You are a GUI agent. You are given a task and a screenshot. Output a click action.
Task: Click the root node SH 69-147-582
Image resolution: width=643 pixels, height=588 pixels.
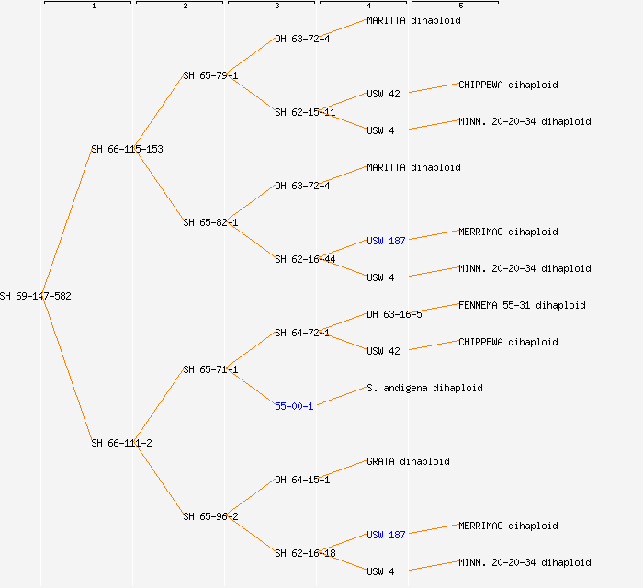(36, 296)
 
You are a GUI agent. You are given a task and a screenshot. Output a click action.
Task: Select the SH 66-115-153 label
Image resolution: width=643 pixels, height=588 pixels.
(127, 149)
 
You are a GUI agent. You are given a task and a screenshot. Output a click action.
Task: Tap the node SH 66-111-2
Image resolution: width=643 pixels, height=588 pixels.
(121, 443)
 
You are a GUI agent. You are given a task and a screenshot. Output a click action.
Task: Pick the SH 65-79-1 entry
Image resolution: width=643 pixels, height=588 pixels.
(210, 75)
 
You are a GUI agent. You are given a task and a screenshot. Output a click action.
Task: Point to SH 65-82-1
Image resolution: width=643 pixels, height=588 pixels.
(210, 222)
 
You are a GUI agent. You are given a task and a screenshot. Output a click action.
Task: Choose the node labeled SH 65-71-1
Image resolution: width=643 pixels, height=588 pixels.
(210, 369)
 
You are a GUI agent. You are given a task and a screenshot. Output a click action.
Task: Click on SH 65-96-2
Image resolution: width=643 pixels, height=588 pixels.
(210, 516)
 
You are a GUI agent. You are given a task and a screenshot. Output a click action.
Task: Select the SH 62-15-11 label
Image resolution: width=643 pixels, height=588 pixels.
(305, 112)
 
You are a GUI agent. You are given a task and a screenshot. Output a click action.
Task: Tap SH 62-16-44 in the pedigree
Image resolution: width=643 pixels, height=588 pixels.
(305, 259)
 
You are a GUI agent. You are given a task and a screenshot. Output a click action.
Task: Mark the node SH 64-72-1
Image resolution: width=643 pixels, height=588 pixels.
(302, 333)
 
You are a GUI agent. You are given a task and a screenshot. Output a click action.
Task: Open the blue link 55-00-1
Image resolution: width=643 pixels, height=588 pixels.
(294, 406)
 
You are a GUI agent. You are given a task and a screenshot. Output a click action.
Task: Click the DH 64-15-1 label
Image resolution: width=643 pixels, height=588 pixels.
(302, 480)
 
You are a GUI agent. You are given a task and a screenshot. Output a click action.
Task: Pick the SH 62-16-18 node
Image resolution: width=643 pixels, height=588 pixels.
(305, 553)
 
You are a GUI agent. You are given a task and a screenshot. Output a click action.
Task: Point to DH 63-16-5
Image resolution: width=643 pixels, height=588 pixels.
(394, 314)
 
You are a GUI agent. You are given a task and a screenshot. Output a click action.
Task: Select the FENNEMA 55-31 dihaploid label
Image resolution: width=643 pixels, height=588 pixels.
(522, 305)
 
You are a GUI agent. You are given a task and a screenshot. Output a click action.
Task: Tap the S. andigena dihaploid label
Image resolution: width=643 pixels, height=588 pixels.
(424, 388)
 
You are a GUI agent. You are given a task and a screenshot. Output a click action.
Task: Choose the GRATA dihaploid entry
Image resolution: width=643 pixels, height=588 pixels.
(408, 461)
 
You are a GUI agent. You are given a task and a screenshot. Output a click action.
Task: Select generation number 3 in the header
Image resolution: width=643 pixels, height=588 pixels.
(277, 6)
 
